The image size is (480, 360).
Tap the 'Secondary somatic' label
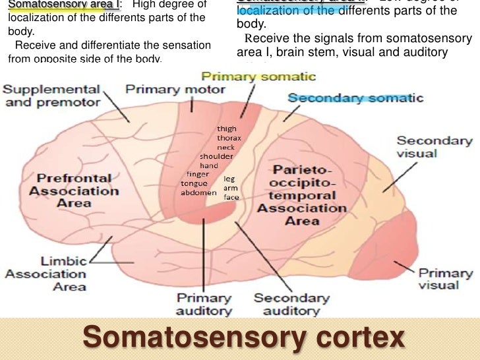click(x=355, y=98)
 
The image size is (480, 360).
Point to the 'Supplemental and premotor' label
click(x=53, y=96)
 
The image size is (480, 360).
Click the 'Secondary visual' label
click(x=435, y=146)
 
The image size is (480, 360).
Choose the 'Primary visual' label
click(x=446, y=278)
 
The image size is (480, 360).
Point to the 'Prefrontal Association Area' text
click(x=73, y=190)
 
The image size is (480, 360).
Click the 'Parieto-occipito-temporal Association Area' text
click(x=301, y=195)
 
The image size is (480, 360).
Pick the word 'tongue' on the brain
click(x=193, y=183)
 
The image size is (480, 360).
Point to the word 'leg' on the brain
click(x=229, y=178)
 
